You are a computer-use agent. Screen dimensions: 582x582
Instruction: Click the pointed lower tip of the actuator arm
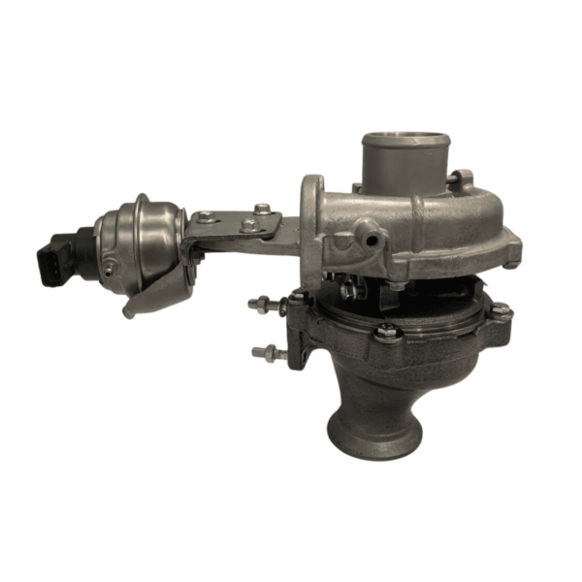[129, 312]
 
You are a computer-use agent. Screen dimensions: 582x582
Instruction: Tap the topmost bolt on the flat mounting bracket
[262, 207]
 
